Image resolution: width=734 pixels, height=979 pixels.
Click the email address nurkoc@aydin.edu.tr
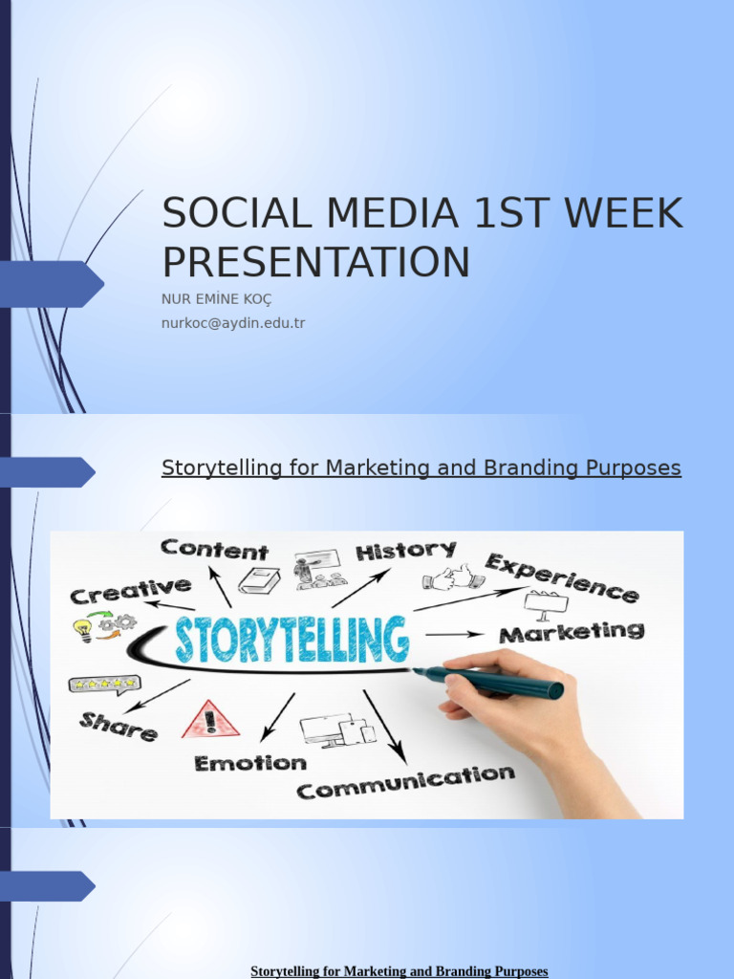click(x=233, y=323)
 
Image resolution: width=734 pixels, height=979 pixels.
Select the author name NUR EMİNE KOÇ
click(x=217, y=299)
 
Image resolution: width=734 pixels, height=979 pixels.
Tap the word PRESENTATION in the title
click(x=315, y=262)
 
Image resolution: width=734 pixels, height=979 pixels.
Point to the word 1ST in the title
click(x=514, y=214)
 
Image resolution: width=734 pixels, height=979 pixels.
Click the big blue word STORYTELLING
click(x=291, y=641)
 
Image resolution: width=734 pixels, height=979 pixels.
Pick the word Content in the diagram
click(x=214, y=550)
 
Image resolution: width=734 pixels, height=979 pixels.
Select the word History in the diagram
click(x=405, y=551)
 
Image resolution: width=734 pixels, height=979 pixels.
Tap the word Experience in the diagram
click(x=561, y=577)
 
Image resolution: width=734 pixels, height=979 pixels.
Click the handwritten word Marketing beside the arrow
click(x=572, y=632)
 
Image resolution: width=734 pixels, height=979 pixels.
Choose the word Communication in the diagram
click(x=405, y=781)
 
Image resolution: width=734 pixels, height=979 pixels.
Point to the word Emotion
click(x=250, y=763)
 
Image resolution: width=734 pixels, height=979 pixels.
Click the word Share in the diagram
click(x=119, y=727)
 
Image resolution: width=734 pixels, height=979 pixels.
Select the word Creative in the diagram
click(x=130, y=590)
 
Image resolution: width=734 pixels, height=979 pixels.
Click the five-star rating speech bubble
click(x=103, y=685)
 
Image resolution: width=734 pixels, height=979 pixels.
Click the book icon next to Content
click(x=258, y=580)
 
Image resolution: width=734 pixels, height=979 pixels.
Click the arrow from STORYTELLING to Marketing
click(x=454, y=634)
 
